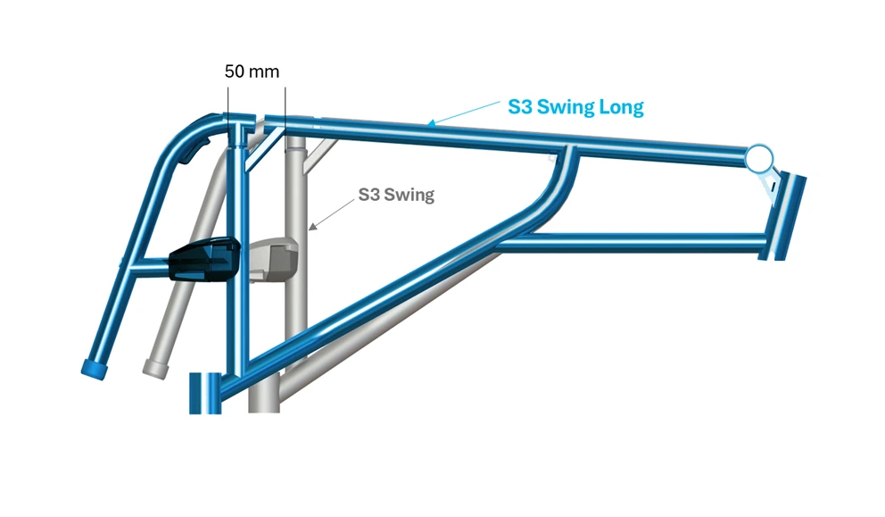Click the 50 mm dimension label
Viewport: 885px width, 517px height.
tap(252, 71)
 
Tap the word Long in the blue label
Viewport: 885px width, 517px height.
tap(622, 107)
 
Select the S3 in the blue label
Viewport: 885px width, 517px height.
tap(520, 107)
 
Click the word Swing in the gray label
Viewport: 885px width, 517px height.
tap(409, 195)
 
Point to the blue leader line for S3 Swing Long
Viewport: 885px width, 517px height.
tap(463, 113)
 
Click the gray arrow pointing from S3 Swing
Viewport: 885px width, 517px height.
tap(332, 214)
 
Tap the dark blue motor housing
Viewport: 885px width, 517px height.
tap(204, 259)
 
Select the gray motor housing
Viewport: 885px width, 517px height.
tap(273, 260)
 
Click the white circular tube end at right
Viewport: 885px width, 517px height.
tap(758, 158)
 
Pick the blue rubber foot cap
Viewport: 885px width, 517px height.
tap(95, 369)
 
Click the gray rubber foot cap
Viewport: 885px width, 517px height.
tap(156, 369)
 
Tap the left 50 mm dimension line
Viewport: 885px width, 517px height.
tap(228, 114)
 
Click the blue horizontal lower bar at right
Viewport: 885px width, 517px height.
tap(630, 243)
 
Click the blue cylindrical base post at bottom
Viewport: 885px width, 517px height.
tap(205, 393)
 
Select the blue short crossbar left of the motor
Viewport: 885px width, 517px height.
tap(150, 265)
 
